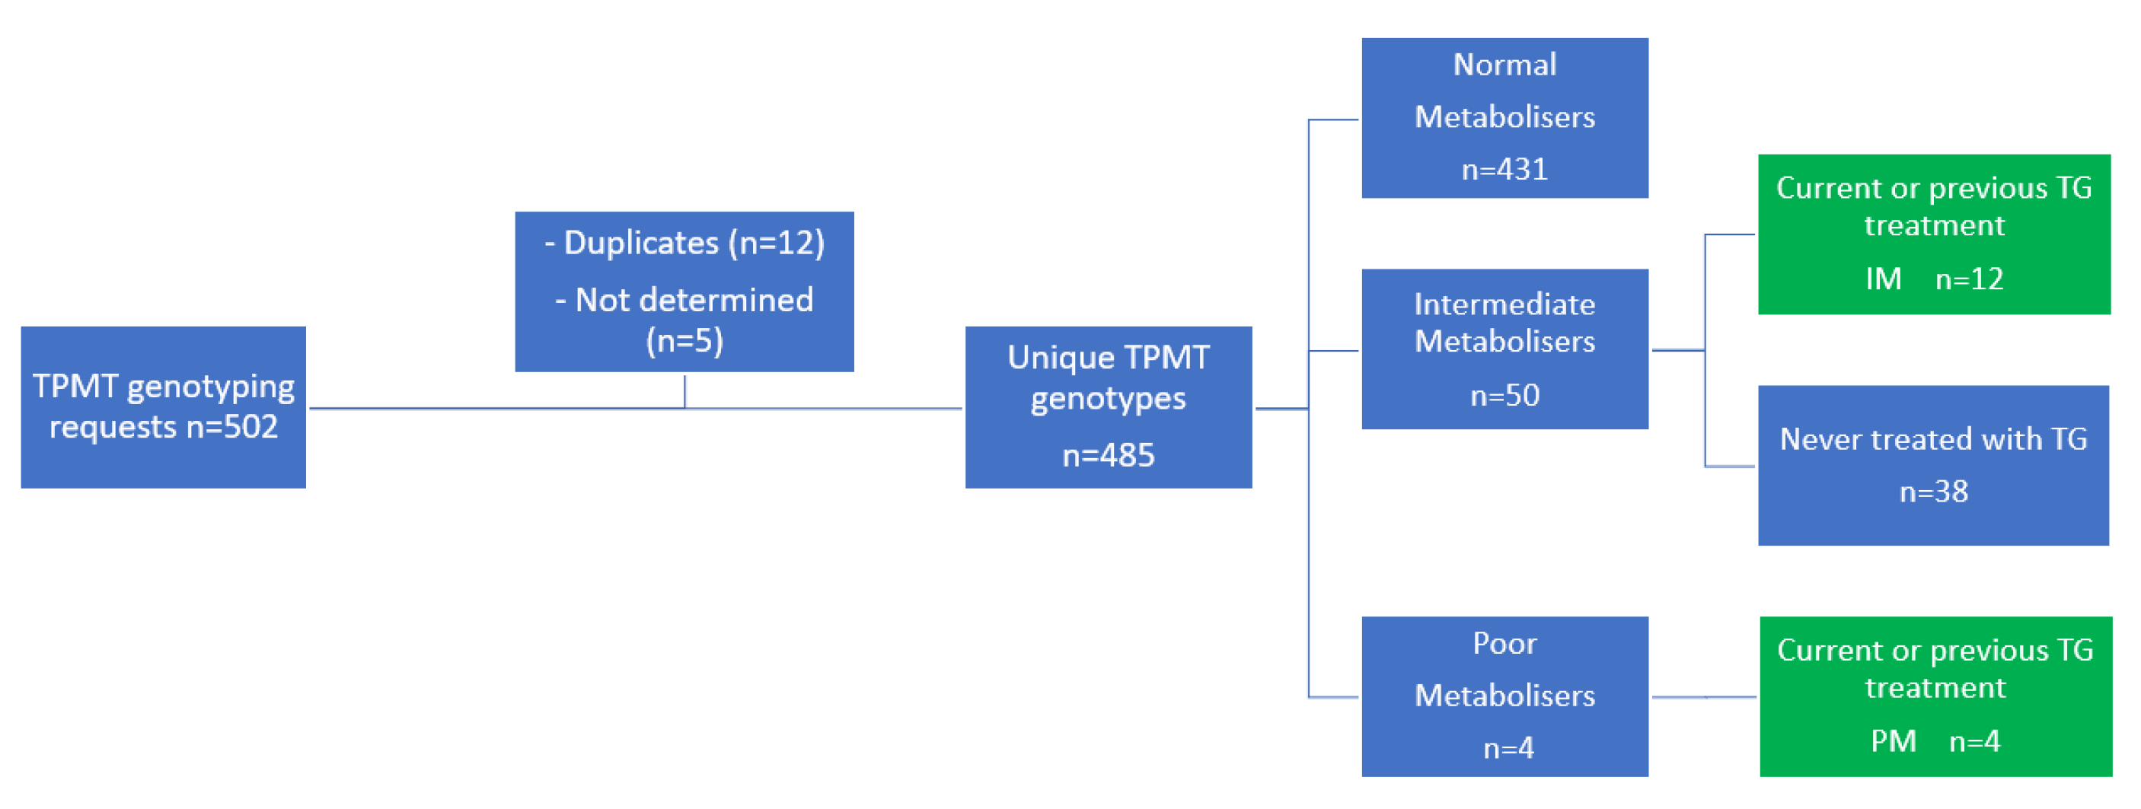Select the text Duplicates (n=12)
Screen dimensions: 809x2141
[x=693, y=244]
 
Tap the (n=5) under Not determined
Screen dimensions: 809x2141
[x=684, y=340]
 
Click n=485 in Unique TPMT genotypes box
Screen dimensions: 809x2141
[x=1108, y=455]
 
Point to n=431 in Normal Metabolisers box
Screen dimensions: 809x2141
[x=1504, y=170]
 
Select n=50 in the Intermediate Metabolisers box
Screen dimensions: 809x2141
[x=1504, y=395]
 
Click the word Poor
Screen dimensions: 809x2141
[x=1504, y=644]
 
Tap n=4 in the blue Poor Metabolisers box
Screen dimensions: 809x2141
[x=1508, y=748]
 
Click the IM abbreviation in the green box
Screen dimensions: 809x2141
[x=1883, y=279]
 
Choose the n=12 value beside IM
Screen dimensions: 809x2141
[x=1969, y=279]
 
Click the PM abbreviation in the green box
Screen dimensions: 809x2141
[x=1893, y=741]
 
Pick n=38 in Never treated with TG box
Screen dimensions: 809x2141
[x=1933, y=492]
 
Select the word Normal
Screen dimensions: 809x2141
[x=1504, y=65]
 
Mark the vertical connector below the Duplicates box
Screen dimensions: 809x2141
[x=684, y=391]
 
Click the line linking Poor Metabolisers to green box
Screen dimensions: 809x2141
[x=1704, y=697]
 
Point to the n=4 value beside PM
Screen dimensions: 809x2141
[x=1974, y=741]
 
